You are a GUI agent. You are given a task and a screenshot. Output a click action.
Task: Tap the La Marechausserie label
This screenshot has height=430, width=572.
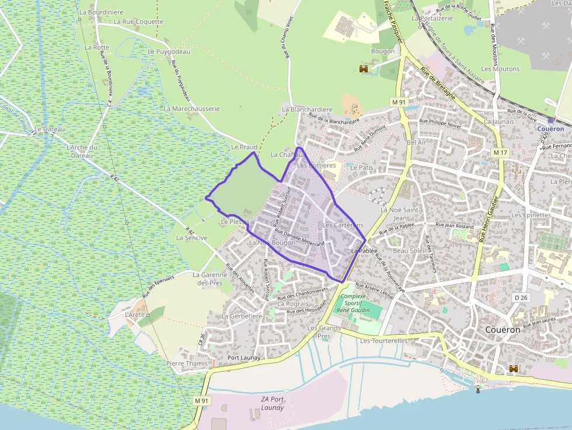[191, 109]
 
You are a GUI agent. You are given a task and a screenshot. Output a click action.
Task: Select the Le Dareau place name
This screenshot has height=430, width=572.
[50, 129]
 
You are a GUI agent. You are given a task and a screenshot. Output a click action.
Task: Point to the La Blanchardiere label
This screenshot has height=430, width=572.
[307, 109]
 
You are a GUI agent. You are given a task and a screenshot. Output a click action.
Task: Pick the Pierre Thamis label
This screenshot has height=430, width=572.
[187, 363]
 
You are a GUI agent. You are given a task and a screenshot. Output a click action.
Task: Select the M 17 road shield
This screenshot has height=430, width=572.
[500, 152]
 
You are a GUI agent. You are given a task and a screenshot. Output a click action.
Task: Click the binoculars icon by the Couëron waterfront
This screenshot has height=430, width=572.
[514, 369]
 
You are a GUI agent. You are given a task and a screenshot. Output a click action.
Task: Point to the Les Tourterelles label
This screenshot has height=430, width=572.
[383, 341]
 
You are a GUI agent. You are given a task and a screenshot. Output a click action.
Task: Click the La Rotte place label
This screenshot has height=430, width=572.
[97, 47]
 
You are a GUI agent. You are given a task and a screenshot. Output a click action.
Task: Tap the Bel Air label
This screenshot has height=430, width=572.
[416, 142]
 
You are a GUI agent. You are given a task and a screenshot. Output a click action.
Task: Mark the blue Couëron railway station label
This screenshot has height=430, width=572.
[550, 129]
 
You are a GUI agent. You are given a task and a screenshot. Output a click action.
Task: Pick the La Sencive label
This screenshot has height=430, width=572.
[191, 238]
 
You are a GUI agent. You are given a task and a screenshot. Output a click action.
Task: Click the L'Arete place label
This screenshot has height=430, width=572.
[135, 314]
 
